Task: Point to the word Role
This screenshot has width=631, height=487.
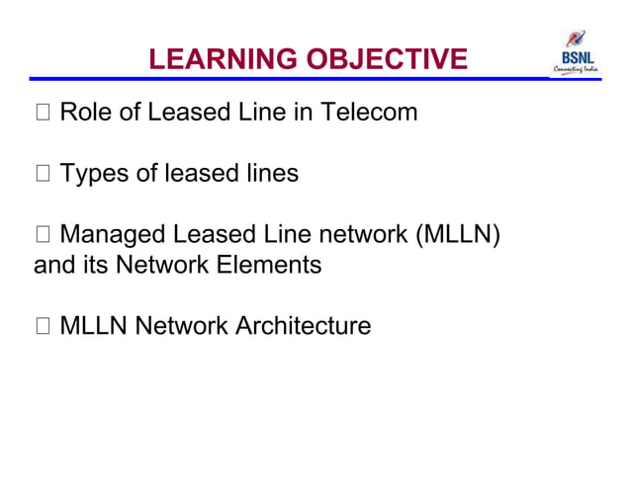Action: (x=85, y=113)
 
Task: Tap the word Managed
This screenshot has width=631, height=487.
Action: (x=113, y=236)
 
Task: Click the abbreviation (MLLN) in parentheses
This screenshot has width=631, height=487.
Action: (x=458, y=236)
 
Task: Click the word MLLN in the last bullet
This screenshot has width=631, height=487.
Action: (x=94, y=325)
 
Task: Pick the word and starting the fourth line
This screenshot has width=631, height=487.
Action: (x=53, y=265)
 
